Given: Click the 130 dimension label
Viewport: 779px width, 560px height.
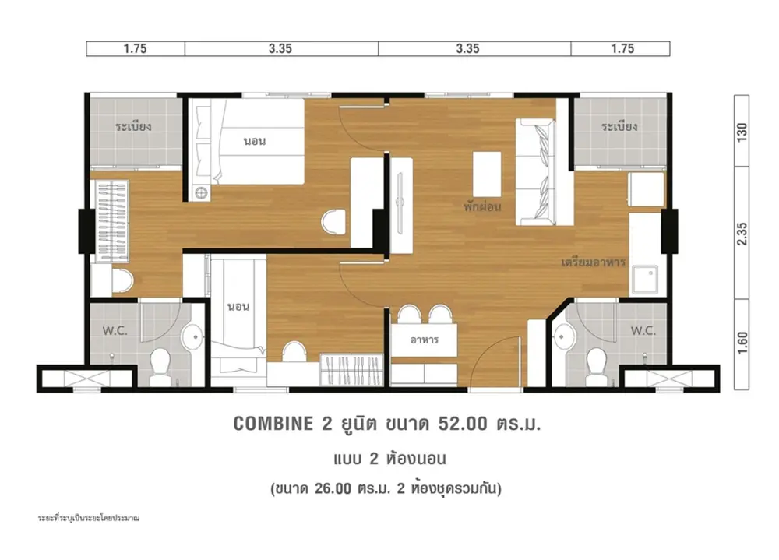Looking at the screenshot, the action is pos(742,132).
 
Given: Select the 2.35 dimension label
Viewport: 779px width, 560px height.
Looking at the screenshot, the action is pos(742,233).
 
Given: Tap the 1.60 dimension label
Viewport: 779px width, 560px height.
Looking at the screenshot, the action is pos(742,343).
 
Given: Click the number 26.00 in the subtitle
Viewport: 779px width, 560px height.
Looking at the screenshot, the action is pos(333,488).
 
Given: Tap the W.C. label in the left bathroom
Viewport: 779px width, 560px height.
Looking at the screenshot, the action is pos(115,330).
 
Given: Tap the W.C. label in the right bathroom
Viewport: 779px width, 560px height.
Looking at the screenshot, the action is pos(643,330).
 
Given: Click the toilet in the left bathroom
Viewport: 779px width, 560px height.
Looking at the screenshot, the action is pos(160,366).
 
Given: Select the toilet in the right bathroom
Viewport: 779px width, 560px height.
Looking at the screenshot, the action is pos(597,366).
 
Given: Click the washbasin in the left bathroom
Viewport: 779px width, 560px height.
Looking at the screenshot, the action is pos(192,337).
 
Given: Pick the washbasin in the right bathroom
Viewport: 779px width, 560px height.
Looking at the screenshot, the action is pos(564,337).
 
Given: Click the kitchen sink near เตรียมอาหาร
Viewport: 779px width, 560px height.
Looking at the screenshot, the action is pos(645,280).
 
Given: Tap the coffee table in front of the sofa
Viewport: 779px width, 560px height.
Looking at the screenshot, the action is pos(487,174).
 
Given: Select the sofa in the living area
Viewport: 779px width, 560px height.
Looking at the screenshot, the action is pos(535,172).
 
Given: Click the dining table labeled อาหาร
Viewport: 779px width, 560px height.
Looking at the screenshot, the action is pos(424,340).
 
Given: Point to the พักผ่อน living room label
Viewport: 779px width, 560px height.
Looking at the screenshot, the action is pos(482,206).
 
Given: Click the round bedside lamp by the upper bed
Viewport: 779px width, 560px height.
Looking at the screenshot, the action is pos(201,193).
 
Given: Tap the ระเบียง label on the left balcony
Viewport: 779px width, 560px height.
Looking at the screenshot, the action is pos(133,125).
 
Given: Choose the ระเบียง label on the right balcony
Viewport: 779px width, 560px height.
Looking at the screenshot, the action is pos(619,125).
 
